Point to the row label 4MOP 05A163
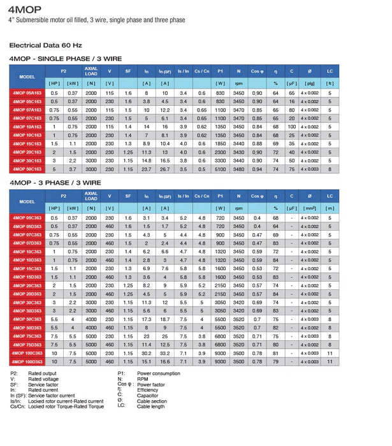tap(27, 93)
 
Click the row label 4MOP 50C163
tap(27, 169)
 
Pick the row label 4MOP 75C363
tap(27, 336)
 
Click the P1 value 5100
tap(221, 169)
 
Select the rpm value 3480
tap(238, 169)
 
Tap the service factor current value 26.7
tap(164, 169)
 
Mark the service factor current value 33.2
tap(164, 353)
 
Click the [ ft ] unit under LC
tap(330, 83)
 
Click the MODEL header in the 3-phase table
tap(27, 201)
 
